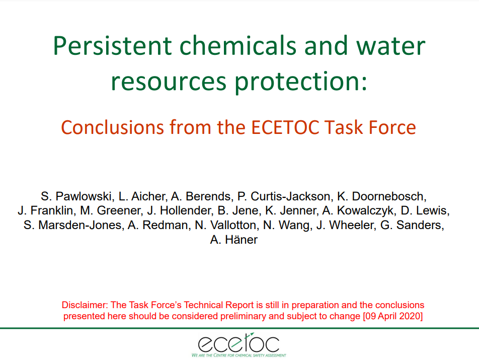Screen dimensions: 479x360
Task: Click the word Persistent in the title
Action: [x=112, y=46]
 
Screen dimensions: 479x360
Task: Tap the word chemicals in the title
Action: [x=237, y=45]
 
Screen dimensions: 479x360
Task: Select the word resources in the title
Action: [x=169, y=82]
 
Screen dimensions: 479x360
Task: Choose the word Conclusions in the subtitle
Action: [x=113, y=127]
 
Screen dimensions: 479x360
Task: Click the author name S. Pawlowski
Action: [x=77, y=196]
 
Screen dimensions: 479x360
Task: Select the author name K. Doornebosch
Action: [x=382, y=196]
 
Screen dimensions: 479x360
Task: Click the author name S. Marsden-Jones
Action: [x=73, y=225]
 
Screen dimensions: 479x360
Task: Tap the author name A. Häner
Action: [x=233, y=240]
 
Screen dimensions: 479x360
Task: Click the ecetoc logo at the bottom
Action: [x=239, y=343]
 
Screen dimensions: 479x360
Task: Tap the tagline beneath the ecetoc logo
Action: [x=239, y=355]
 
